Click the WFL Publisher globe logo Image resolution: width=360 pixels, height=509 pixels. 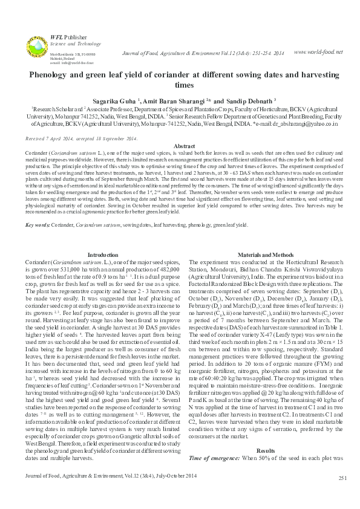36,47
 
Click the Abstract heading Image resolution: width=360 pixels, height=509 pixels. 180,147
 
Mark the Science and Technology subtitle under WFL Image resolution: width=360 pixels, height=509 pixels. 67,44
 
